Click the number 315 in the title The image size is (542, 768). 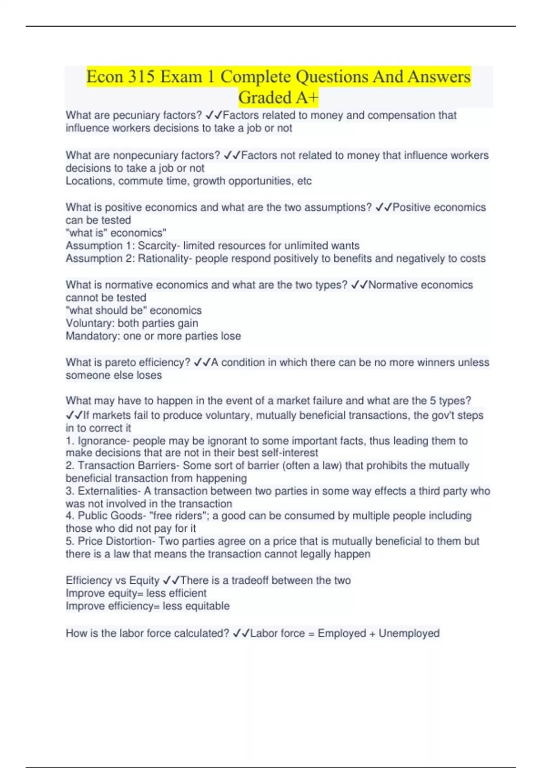click(141, 77)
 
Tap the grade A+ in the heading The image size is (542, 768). click(305, 98)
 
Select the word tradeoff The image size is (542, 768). click(250, 581)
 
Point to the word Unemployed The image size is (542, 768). click(409, 633)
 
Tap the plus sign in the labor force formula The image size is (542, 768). click(372, 634)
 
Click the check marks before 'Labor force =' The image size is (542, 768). click(241, 633)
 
